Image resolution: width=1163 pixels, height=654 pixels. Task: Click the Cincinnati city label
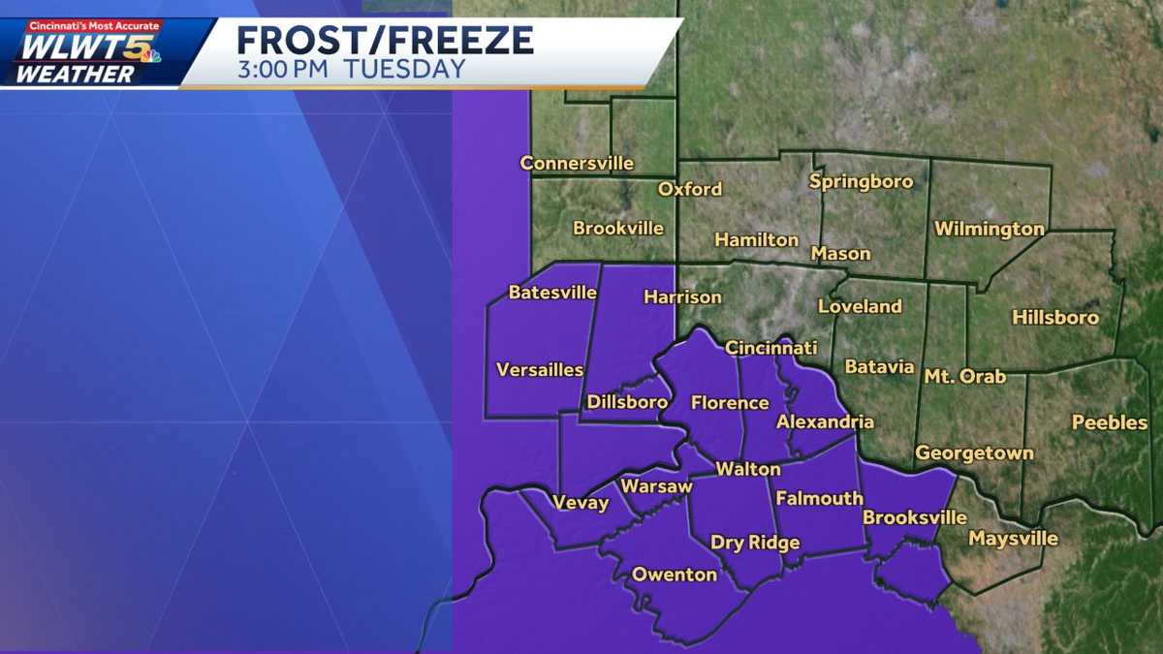coord(771,348)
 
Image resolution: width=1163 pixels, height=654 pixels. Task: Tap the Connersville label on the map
coord(577,163)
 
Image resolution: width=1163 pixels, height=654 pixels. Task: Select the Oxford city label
coord(690,189)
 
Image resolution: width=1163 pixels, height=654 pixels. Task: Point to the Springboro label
coord(861,181)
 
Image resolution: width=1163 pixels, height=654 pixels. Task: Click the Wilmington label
coord(989,230)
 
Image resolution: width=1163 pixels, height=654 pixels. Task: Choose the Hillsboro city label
coord(1055,317)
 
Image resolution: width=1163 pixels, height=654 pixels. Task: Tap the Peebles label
coord(1110,422)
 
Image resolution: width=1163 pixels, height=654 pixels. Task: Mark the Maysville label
coord(1014,539)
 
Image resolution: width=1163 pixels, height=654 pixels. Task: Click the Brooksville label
coord(915,517)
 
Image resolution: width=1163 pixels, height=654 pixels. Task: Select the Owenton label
coord(675,575)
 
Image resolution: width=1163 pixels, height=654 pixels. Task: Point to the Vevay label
coord(581,502)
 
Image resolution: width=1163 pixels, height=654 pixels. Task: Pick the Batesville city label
coord(552,293)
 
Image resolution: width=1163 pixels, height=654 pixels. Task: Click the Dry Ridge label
coord(755,543)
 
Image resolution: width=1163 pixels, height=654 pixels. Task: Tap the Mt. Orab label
coord(964,376)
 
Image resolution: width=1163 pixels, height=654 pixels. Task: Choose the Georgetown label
coord(974,452)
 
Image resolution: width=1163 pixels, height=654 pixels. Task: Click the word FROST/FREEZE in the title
coord(385,41)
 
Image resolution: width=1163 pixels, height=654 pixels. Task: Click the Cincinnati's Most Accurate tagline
coord(94,25)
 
